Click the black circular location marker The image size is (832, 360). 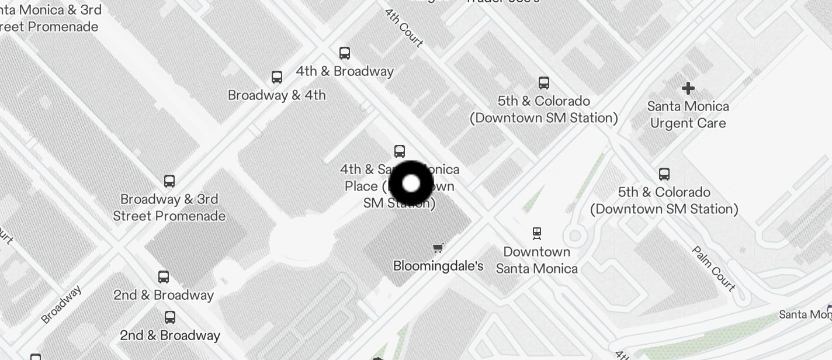(411, 184)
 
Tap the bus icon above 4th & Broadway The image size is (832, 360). (345, 53)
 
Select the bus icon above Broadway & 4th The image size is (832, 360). (277, 77)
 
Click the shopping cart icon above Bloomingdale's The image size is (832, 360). (438, 248)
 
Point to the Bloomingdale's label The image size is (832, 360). (438, 266)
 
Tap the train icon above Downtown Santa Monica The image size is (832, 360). (537, 234)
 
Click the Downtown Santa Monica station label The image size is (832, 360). (537, 260)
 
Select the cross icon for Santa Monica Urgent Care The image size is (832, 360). (688, 88)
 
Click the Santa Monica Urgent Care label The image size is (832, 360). (688, 115)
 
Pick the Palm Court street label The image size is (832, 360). (713, 268)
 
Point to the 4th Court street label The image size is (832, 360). (404, 27)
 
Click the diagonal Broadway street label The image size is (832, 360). (61, 304)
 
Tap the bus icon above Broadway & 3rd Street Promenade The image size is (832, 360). (169, 181)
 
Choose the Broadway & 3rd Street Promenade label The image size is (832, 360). (169, 207)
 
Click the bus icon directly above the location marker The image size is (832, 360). (400, 151)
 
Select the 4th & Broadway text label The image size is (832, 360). (345, 71)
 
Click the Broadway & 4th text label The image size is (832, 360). (277, 95)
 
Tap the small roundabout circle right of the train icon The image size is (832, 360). (575, 236)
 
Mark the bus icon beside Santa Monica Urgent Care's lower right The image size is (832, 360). (664, 174)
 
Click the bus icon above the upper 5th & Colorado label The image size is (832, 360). (544, 83)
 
